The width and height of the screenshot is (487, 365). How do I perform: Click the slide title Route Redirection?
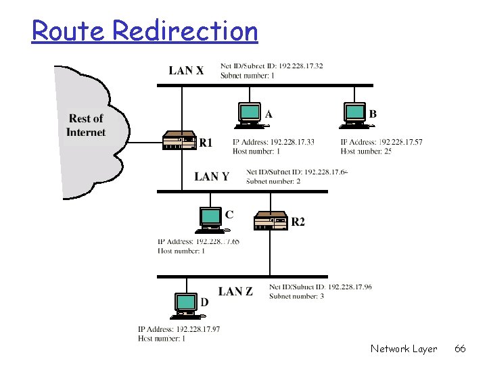[145, 31]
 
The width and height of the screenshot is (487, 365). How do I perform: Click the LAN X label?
[186, 70]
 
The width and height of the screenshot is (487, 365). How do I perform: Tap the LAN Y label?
[212, 176]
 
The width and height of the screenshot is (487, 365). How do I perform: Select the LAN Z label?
[235, 291]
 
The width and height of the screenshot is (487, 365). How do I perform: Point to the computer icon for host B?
[354, 114]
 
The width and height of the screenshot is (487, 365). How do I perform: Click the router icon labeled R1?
[179, 141]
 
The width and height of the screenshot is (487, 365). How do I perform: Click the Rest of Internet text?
[86, 126]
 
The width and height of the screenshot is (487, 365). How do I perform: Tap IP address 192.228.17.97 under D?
[179, 329]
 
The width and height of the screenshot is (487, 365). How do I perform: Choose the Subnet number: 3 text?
[296, 296]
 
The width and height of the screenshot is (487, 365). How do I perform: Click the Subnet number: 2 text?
[273, 181]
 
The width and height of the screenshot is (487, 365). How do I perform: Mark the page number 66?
[460, 349]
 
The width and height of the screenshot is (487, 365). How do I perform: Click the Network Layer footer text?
[404, 349]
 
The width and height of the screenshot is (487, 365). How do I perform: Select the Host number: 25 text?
[366, 151]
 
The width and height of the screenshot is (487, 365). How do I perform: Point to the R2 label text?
[298, 222]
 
